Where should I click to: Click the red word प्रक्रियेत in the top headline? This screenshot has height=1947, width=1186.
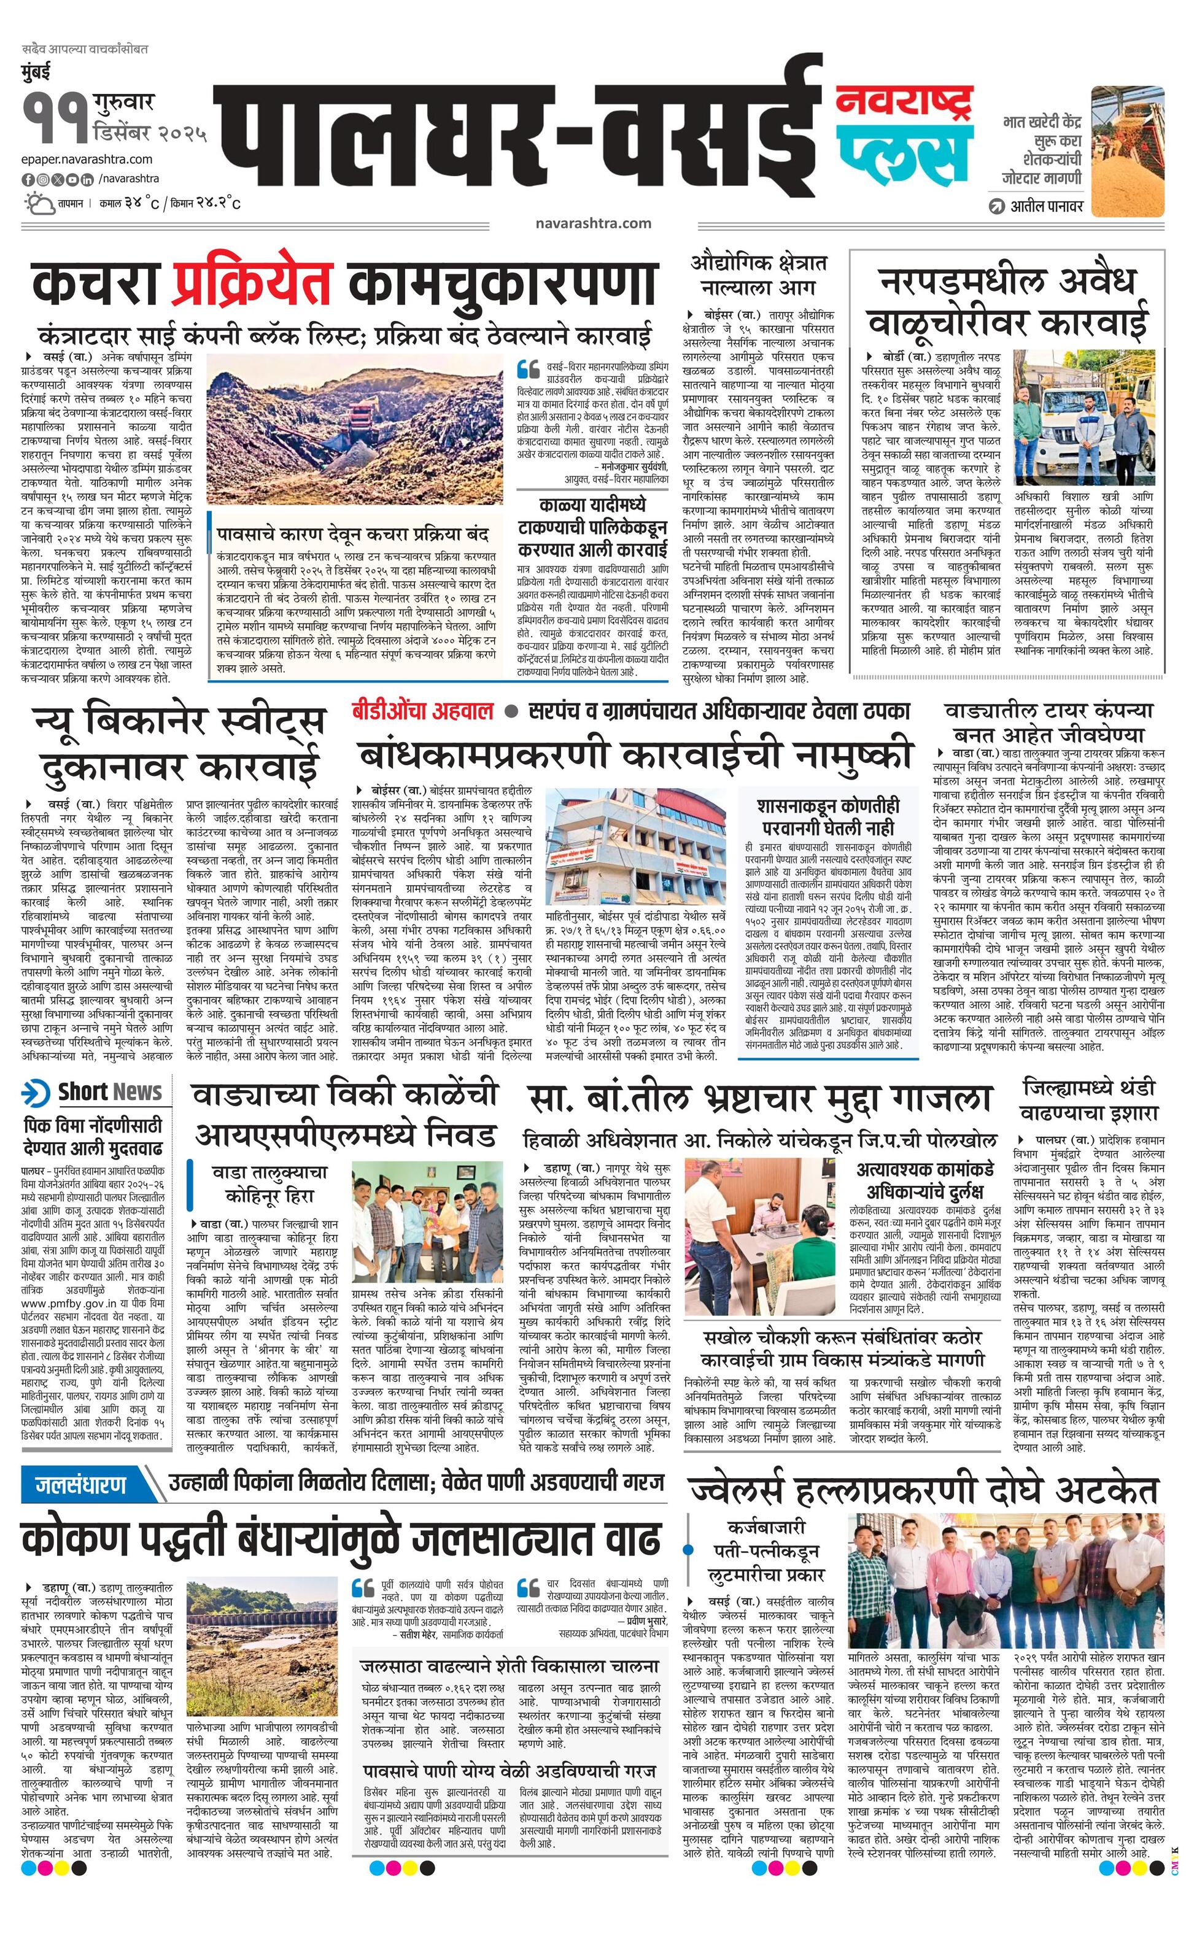coord(251,284)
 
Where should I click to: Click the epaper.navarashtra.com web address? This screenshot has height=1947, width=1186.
coord(87,159)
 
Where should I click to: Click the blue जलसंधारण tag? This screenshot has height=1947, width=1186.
coord(82,1485)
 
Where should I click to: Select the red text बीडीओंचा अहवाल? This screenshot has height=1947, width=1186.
coord(423,710)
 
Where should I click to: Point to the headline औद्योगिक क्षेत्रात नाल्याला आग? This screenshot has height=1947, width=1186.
coord(759,273)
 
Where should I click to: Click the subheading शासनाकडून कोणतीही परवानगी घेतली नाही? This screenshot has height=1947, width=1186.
coord(827,817)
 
